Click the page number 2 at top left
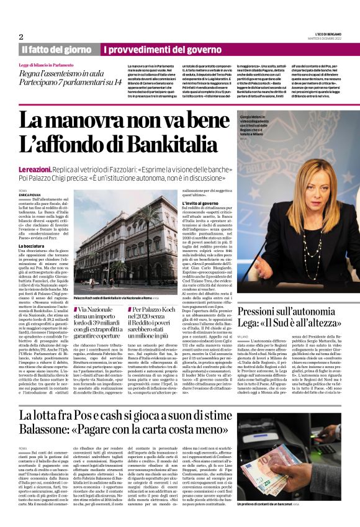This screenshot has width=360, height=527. (x=21, y=37)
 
